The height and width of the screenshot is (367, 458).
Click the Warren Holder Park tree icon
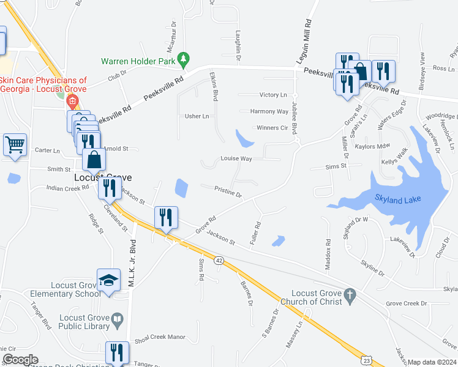pyautogui.click(x=182, y=59)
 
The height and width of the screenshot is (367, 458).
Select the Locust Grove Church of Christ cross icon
pyautogui.click(x=350, y=296)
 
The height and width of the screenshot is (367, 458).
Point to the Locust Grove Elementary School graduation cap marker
pyautogui.click(x=108, y=281)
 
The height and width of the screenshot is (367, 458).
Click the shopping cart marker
pyautogui.click(x=15, y=145)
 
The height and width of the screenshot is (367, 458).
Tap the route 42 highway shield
pyautogui.click(x=219, y=261)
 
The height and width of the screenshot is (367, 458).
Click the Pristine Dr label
pyautogui.click(x=228, y=192)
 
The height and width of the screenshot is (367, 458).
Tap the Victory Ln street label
pyautogui.click(x=273, y=95)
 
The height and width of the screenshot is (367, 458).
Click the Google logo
pyautogui.click(x=20, y=360)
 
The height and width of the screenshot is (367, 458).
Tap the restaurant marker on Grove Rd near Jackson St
pyautogui.click(x=167, y=218)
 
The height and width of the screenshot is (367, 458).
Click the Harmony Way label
pyautogui.click(x=269, y=111)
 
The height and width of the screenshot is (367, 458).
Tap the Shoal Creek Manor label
pyautogui.click(x=160, y=337)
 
